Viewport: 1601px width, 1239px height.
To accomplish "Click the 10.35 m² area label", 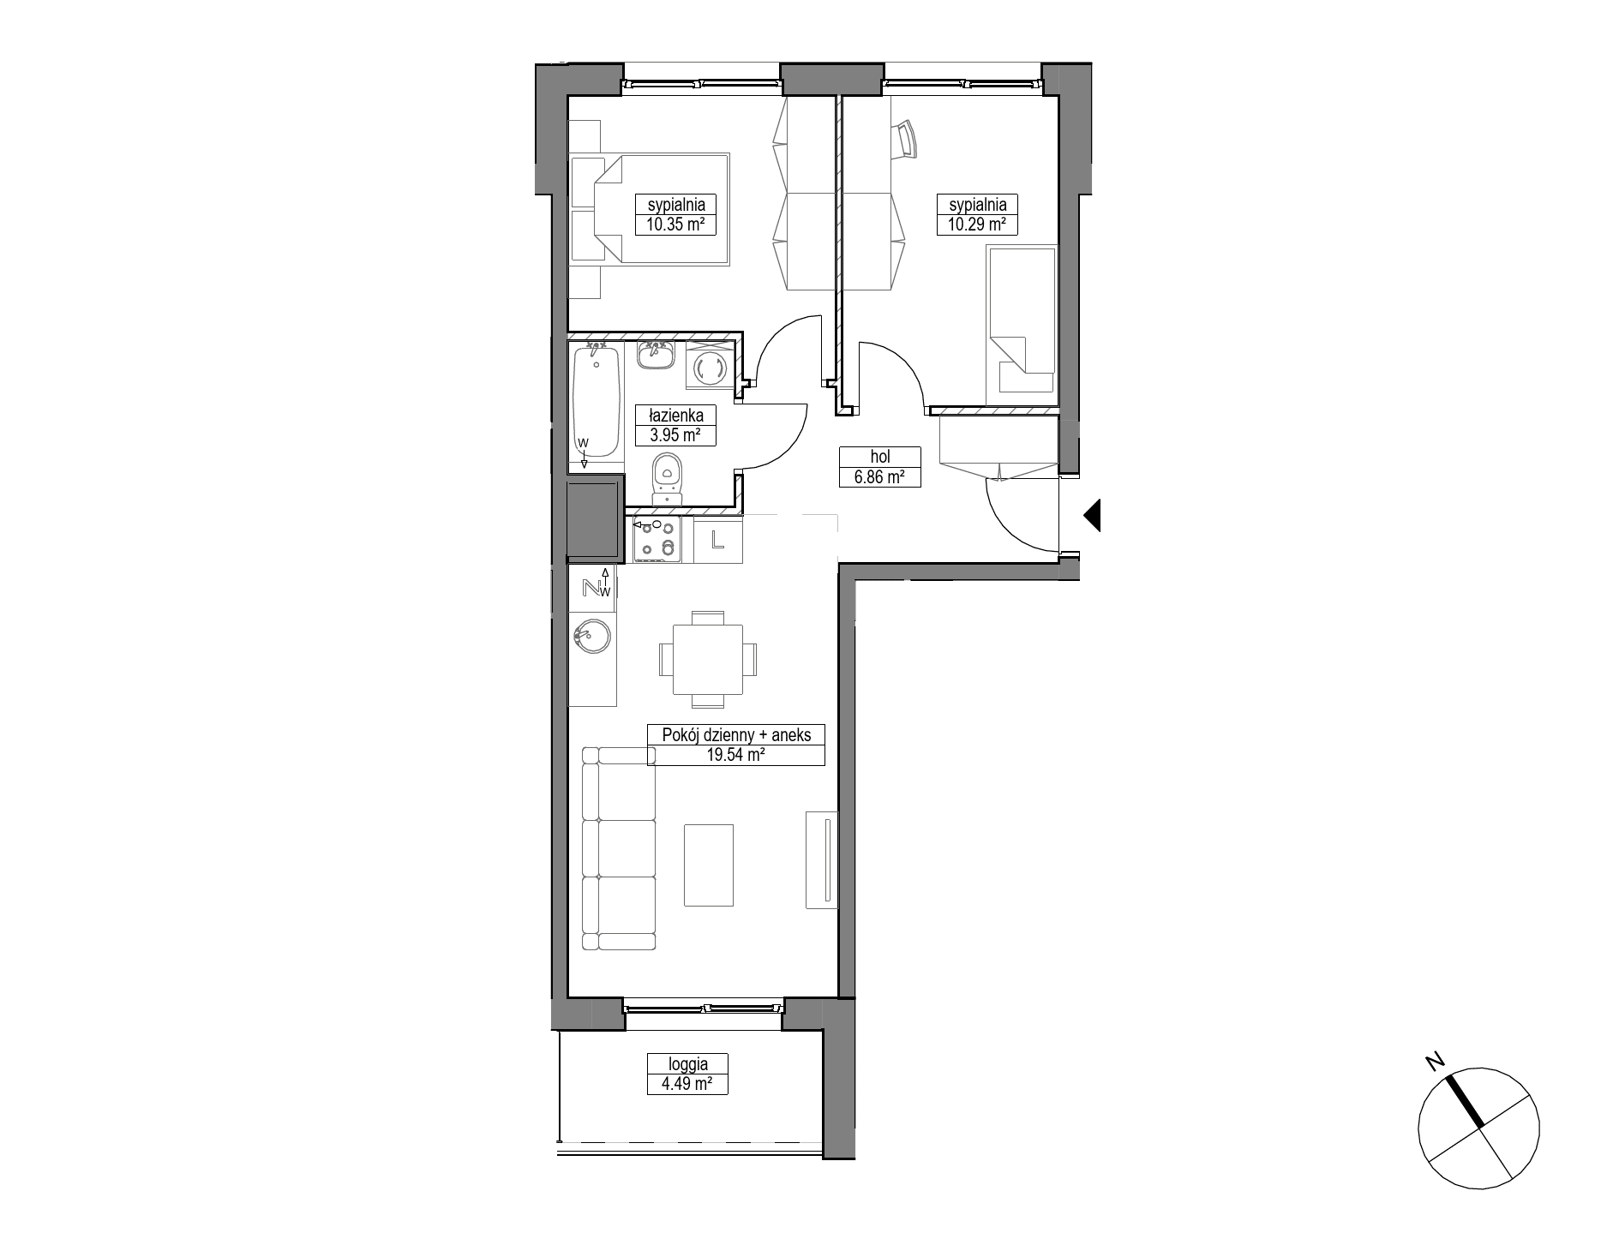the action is [x=675, y=225].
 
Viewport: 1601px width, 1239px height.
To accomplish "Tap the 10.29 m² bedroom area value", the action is [x=976, y=225].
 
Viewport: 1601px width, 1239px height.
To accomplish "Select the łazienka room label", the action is [x=675, y=416].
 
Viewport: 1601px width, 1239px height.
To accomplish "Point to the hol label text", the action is [x=879, y=458].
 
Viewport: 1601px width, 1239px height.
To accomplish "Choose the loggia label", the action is [x=688, y=1064].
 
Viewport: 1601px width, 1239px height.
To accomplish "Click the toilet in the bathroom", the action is [x=666, y=479].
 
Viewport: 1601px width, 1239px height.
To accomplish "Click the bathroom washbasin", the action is [x=657, y=354].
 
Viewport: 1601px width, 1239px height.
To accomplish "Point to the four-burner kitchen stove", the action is [x=657, y=539].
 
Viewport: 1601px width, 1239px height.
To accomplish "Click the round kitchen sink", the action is [x=591, y=637].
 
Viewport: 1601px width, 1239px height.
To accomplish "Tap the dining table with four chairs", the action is [x=708, y=659].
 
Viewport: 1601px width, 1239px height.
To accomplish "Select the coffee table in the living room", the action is [x=709, y=865].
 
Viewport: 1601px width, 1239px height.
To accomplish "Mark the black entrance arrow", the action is [x=1091, y=516].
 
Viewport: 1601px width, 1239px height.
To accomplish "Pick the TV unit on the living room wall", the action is [x=821, y=859].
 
